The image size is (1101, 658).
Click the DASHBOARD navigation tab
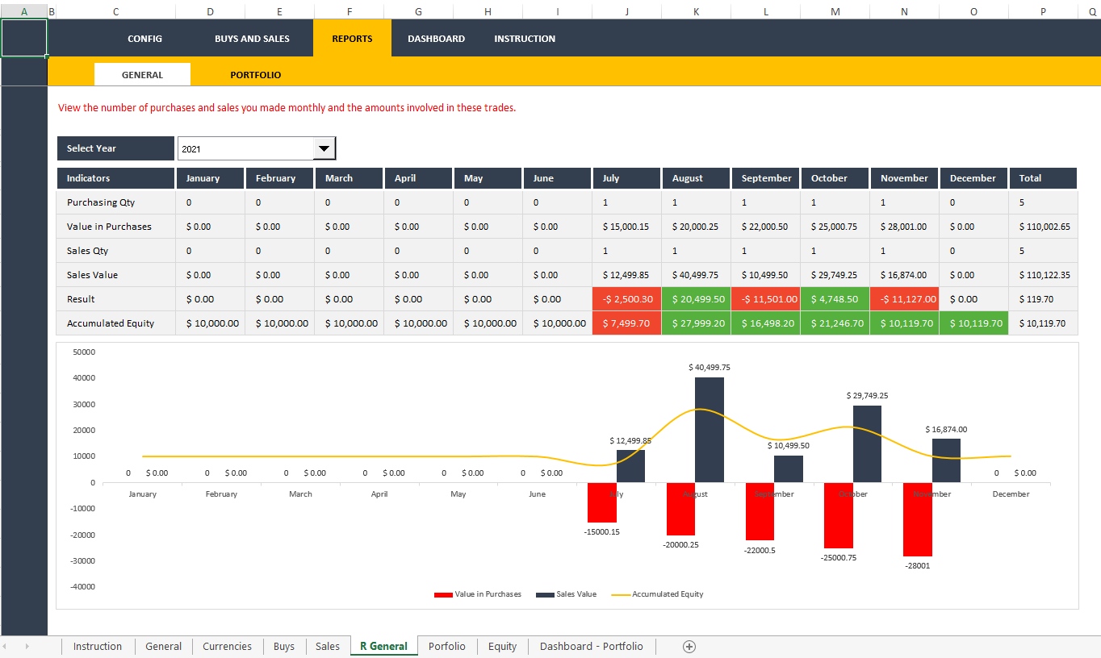coord(436,39)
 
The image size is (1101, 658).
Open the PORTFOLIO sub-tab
coord(255,75)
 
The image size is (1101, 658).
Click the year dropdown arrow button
coord(324,148)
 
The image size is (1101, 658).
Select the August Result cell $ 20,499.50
coord(696,299)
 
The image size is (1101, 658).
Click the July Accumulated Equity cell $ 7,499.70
coord(626,323)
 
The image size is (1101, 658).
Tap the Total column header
coord(1043,178)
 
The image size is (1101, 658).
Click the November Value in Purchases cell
coord(904,227)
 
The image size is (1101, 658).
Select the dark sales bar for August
coord(709,430)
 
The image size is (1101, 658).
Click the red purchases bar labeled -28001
coord(917,519)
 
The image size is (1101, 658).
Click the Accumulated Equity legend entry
coord(667,594)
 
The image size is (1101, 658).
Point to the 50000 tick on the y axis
coord(84,352)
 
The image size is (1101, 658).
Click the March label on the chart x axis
coord(300,494)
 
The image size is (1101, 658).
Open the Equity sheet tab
coord(502,646)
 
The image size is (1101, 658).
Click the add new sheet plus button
coord(689,646)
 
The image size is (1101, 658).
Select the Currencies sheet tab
coord(227,646)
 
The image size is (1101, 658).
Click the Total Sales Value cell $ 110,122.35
coord(1044,275)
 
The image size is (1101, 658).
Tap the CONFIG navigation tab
coord(144,39)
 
